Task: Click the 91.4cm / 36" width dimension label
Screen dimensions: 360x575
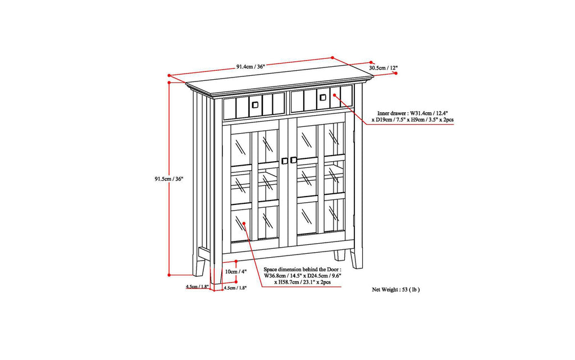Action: click(250, 66)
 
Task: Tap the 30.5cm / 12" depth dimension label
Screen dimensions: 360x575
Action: click(384, 68)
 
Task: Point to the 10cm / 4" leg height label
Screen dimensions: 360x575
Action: click(236, 272)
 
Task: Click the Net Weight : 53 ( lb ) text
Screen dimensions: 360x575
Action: click(396, 290)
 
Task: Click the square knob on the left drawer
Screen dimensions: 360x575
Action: click(254, 104)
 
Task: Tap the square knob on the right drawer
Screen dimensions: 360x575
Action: click(322, 98)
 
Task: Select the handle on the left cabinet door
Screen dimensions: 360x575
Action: click(285, 161)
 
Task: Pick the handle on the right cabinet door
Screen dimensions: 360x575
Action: click(293, 160)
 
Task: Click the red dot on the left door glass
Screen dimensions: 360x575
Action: click(244, 224)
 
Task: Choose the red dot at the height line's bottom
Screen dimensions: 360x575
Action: click(170, 275)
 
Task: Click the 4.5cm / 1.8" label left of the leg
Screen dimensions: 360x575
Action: click(197, 286)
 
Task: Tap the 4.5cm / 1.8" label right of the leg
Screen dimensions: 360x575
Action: click(235, 288)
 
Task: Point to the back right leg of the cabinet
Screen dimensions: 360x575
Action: click(339, 255)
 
